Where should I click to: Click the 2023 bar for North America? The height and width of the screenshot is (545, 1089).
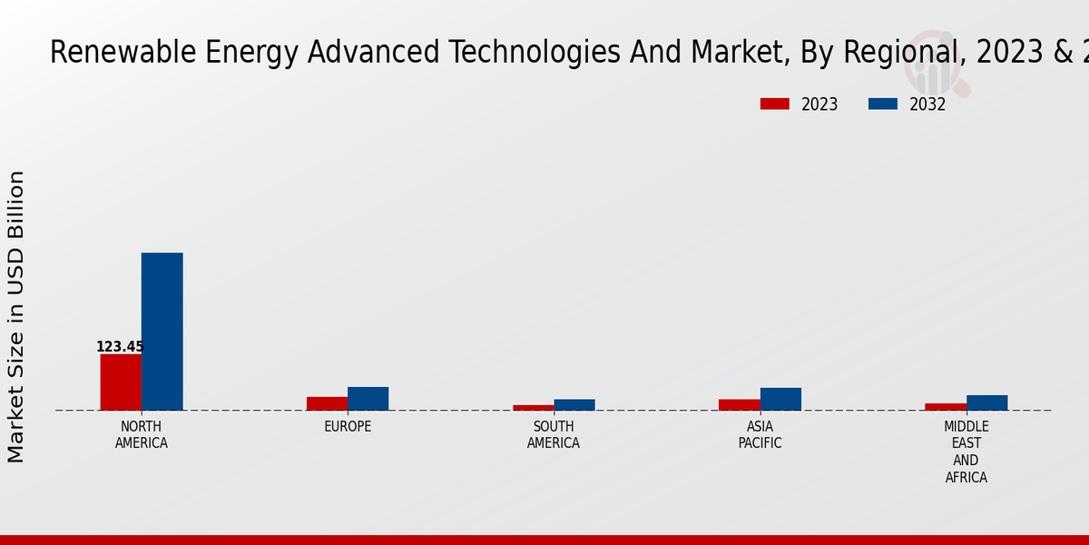(121, 382)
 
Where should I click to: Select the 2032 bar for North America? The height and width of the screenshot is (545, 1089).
(162, 332)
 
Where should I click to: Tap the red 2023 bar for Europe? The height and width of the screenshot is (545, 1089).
(327, 403)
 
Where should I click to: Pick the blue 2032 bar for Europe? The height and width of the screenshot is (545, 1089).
(368, 399)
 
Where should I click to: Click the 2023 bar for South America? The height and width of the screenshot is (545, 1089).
(533, 408)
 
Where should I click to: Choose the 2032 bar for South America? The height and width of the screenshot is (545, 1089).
(574, 405)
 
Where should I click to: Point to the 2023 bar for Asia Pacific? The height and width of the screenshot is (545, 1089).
(739, 405)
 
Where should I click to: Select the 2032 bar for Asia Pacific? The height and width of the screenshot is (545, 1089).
(780, 399)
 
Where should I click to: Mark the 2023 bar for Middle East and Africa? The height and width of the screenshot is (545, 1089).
(946, 407)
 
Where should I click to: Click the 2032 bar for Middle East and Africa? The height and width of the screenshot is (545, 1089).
(986, 402)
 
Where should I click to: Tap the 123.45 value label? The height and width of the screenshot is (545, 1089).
(120, 347)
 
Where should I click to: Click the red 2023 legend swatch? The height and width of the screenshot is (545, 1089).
(774, 104)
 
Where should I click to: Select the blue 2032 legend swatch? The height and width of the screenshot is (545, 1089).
(882, 104)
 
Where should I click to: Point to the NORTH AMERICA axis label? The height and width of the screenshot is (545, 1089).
(142, 435)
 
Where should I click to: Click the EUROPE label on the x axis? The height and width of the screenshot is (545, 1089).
(348, 427)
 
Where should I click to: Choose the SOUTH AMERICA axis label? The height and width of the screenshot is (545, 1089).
(554, 435)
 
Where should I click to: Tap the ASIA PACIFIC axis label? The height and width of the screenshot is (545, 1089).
(760, 435)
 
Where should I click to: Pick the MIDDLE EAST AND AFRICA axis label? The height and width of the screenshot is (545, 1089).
(966, 452)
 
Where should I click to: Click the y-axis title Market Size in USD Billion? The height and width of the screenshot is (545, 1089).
(16, 316)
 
